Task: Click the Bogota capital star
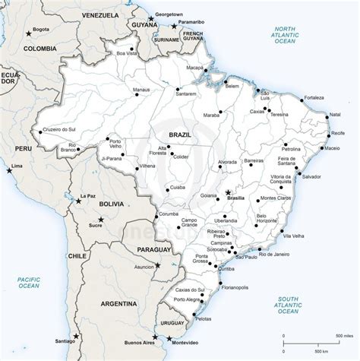pos(29,32)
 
